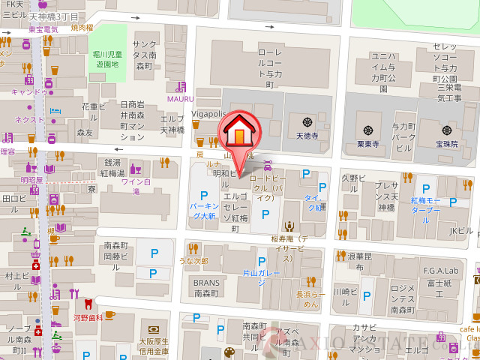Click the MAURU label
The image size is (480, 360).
coord(180,98)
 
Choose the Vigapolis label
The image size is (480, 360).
coord(208,114)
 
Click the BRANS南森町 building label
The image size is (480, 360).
coord(206,288)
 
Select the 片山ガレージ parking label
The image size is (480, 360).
coord(261,274)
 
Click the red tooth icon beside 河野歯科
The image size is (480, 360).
coord(88,304)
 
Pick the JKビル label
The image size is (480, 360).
coord(461,231)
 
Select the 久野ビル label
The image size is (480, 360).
coord(353,178)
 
